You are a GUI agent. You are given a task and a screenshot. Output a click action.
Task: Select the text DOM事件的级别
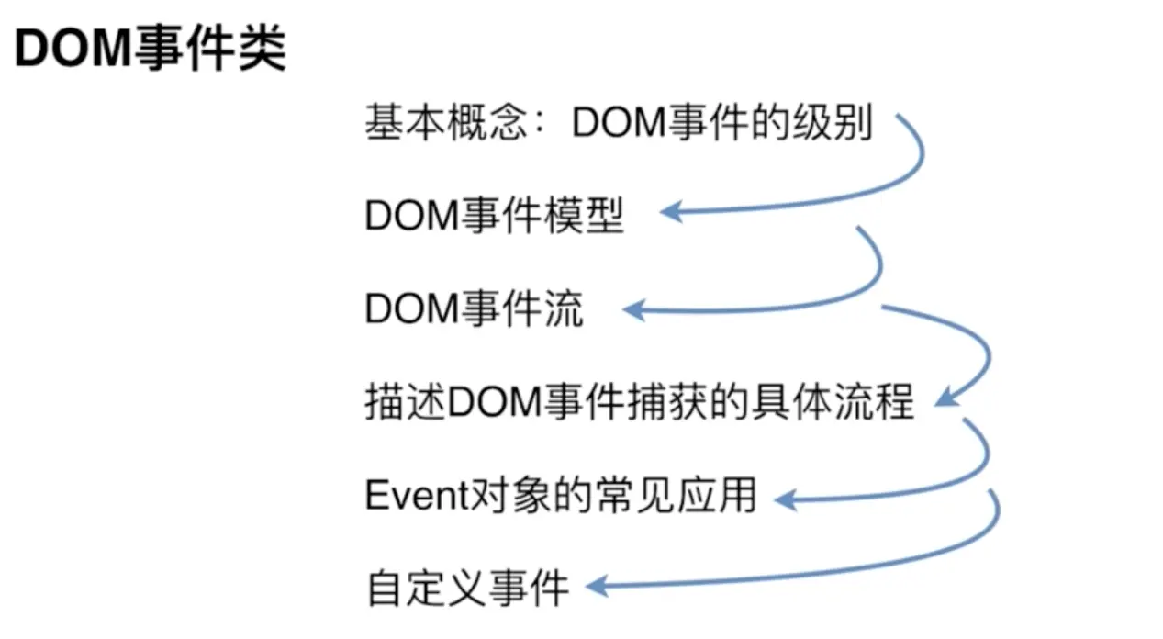click(721, 123)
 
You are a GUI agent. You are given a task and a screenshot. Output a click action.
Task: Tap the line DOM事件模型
click(494, 217)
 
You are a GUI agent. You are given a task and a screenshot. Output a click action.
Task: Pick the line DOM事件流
click(474, 309)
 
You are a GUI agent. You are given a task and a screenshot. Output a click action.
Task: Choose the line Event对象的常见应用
click(560, 497)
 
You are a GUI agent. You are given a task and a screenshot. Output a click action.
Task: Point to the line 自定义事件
click(468, 589)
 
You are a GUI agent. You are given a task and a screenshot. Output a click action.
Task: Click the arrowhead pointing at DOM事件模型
click(671, 212)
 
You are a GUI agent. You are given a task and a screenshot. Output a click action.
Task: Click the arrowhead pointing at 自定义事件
click(596, 585)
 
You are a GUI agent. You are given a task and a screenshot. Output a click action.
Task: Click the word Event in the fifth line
click(405, 497)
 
